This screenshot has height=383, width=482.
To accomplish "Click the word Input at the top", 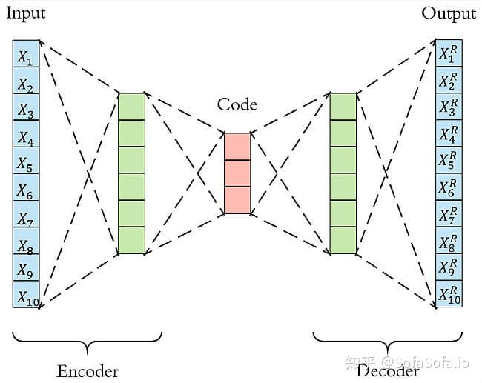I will point(25,13).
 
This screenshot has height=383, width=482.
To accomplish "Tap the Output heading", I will point(449,13).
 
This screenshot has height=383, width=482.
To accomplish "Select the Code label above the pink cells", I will point(237,104).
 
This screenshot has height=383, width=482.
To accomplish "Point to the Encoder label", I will point(88,370).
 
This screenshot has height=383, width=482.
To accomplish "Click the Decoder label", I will point(388,370).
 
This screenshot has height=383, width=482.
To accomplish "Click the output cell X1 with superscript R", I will point(449,53).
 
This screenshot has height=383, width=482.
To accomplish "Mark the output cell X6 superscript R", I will point(449,187).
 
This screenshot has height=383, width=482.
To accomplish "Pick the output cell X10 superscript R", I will point(449,294).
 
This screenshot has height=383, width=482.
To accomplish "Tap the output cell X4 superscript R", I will point(449,133).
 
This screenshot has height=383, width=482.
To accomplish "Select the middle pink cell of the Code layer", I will point(237,173).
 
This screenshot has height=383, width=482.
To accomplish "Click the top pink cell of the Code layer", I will point(237,147).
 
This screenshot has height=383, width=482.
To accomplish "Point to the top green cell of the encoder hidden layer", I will point(131,106).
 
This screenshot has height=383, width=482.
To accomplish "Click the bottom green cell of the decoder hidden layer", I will point(343,240).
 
